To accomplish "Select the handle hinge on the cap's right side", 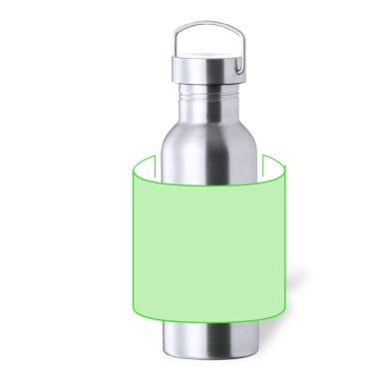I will pyautogui.click(x=239, y=68).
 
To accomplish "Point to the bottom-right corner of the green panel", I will pyautogui.click(x=287, y=311).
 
